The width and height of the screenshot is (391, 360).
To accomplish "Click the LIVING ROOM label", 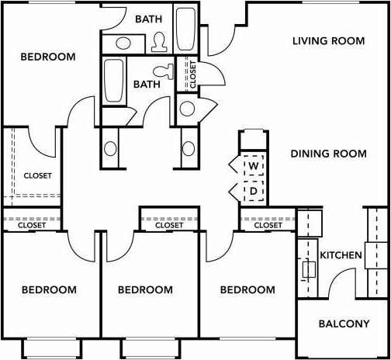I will [x=328, y=40].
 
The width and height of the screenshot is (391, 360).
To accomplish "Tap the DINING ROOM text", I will [x=328, y=154].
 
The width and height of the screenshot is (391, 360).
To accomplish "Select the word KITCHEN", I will [x=341, y=254].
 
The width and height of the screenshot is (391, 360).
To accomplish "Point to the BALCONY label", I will [x=344, y=324].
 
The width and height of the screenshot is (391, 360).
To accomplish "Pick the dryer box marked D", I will [x=254, y=190].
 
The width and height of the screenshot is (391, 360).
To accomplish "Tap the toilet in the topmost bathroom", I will [x=161, y=40].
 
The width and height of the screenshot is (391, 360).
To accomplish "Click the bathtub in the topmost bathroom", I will [x=186, y=29].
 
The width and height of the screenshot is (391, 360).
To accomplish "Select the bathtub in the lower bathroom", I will [x=115, y=81].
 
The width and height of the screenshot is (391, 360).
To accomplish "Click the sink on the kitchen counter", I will [x=309, y=269].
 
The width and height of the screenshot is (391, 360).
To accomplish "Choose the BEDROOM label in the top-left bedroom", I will [x=48, y=57].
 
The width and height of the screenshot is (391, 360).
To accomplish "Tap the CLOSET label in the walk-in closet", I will [x=37, y=176].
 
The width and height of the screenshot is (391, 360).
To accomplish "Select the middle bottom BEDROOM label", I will [x=145, y=290].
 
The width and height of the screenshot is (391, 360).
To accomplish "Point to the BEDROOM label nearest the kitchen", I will [x=247, y=290].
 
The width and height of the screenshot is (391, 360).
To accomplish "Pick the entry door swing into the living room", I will [x=220, y=43].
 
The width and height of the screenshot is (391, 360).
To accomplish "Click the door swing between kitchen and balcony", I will [x=339, y=283].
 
